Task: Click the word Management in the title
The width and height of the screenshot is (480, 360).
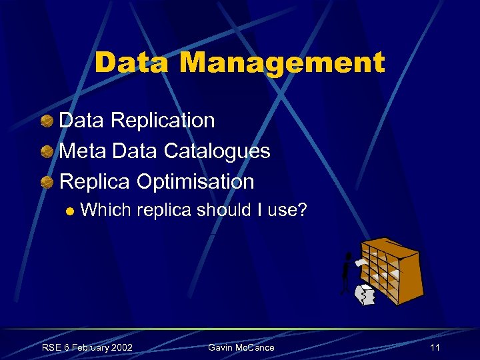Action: point(282,63)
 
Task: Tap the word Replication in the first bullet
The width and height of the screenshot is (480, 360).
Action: point(163,121)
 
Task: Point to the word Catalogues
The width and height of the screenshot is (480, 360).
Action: point(217,151)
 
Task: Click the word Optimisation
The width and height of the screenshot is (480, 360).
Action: point(195,181)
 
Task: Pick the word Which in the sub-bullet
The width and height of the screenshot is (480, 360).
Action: point(105,211)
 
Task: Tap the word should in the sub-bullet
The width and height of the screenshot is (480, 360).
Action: point(220,211)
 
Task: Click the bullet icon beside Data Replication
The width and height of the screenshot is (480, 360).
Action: point(47,121)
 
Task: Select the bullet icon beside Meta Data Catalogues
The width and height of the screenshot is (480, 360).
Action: point(47,152)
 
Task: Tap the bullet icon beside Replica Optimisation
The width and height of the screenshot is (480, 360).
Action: point(47,182)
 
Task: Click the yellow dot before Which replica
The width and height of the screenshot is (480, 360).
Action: point(70,212)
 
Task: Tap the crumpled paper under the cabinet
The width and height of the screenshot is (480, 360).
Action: point(365,295)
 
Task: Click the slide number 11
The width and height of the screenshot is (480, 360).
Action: point(435,347)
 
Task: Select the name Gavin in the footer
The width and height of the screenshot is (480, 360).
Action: point(221,347)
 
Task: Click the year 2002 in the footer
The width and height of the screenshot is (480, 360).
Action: point(121,347)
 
